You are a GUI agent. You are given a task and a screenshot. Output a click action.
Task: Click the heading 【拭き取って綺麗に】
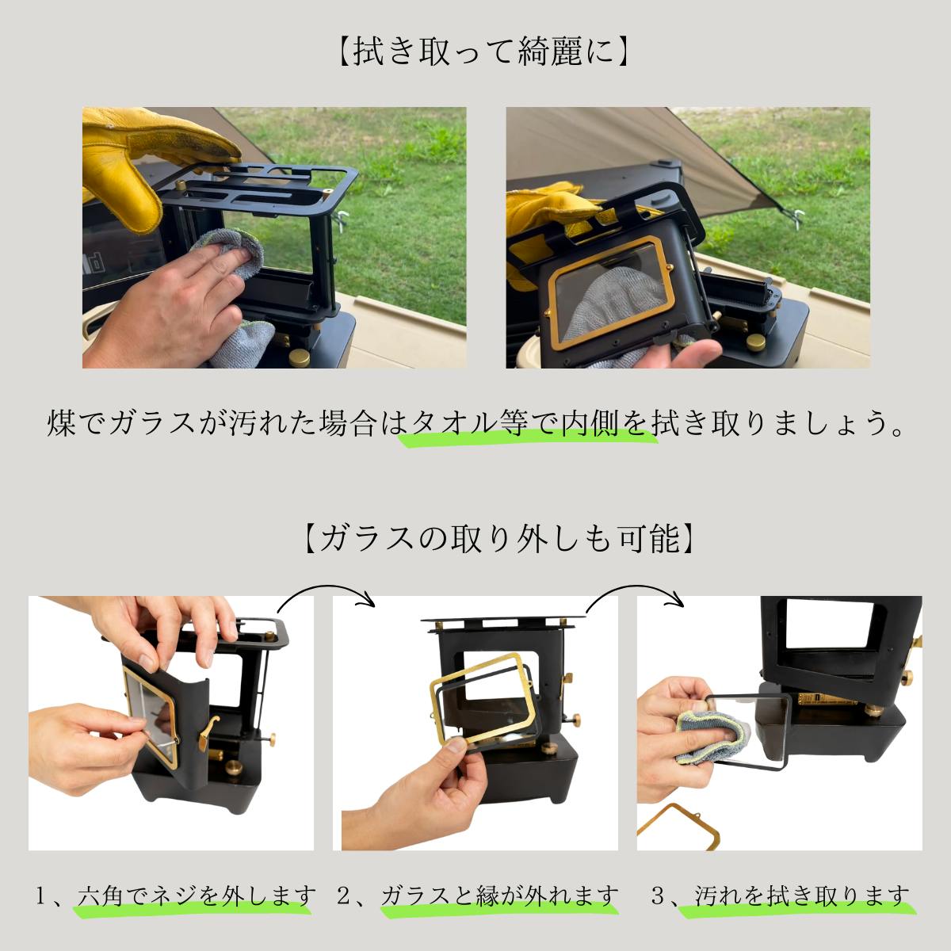(x=484, y=52)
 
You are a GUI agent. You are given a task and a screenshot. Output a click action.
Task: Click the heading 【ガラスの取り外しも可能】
(x=500, y=538)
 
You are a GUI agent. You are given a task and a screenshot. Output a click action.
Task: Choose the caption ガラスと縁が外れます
(x=499, y=896)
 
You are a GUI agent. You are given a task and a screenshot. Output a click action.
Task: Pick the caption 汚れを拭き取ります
(x=802, y=896)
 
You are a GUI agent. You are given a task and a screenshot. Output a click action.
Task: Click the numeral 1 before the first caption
(x=41, y=896)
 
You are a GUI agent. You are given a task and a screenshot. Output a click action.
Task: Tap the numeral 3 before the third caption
(x=658, y=896)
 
